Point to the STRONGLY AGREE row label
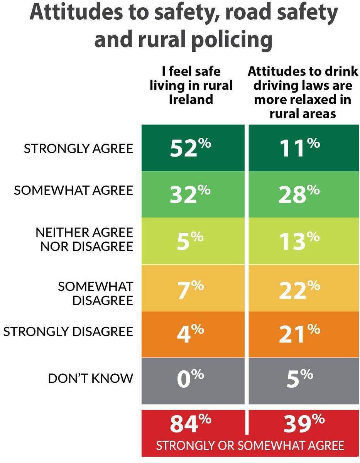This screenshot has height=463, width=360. (78, 149)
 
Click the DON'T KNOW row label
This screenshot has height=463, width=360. (90, 379)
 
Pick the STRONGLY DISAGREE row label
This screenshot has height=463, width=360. (68, 332)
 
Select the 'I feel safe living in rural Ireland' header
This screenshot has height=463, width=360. (191, 85)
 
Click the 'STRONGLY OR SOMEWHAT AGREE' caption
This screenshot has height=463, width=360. (250, 446)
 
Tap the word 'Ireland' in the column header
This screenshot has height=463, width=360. (191, 99)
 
